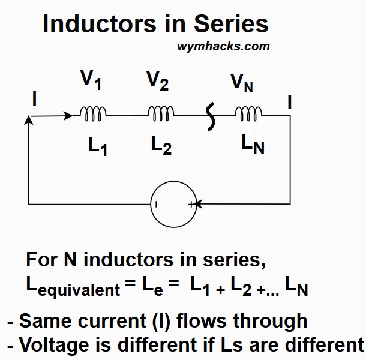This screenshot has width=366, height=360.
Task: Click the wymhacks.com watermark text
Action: click(x=223, y=46)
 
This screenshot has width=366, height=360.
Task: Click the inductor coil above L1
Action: click(x=94, y=112)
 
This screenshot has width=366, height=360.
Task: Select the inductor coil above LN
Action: click(x=248, y=112)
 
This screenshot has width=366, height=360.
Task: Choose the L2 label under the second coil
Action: click(x=161, y=145)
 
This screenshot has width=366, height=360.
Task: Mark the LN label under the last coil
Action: click(x=252, y=145)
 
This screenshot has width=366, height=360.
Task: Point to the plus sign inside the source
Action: click(x=191, y=204)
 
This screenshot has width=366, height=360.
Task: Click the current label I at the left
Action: click(x=34, y=99)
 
